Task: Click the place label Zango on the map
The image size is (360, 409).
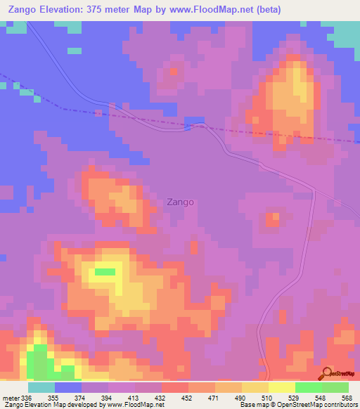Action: [180, 202]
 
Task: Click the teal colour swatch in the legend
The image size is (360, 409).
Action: [41, 387]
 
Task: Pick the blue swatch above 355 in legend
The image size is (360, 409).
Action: [67, 387]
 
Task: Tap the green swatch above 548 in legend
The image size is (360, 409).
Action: [308, 387]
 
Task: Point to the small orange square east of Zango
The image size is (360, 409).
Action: [272, 221]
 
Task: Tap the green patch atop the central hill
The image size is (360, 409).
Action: [105, 271]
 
